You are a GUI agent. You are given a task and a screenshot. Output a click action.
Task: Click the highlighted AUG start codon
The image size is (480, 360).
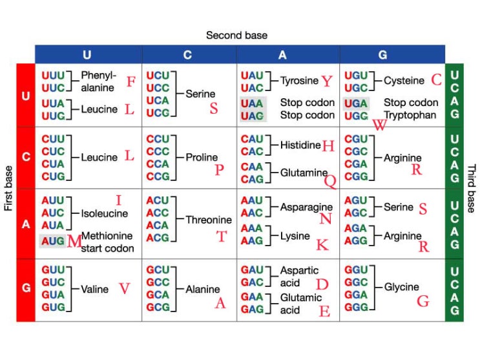click(53, 241)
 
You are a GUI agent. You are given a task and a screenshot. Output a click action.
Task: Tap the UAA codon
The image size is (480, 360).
click(252, 103)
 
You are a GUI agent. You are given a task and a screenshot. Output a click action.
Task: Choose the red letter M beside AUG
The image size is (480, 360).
click(74, 242)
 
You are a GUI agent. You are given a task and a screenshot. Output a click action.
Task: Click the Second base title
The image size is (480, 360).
click(236, 35)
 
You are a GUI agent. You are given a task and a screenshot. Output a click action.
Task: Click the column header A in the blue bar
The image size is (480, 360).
click(282, 55)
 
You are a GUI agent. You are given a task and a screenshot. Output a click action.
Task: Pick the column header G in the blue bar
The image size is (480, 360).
click(391, 55)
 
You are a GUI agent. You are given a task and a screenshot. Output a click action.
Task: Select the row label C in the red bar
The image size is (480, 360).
click(26, 157)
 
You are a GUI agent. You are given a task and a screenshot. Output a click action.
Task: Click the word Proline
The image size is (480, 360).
click(202, 157)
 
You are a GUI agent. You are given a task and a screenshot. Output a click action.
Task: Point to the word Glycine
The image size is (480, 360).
click(401, 286)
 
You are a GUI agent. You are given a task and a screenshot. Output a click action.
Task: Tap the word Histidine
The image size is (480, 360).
click(300, 145)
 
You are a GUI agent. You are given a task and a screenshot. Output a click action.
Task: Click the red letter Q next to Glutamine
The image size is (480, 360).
click(329, 182)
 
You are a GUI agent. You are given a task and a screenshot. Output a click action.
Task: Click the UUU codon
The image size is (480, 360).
click(53, 75)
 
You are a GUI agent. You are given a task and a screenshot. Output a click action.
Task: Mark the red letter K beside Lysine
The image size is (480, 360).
click(322, 244)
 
